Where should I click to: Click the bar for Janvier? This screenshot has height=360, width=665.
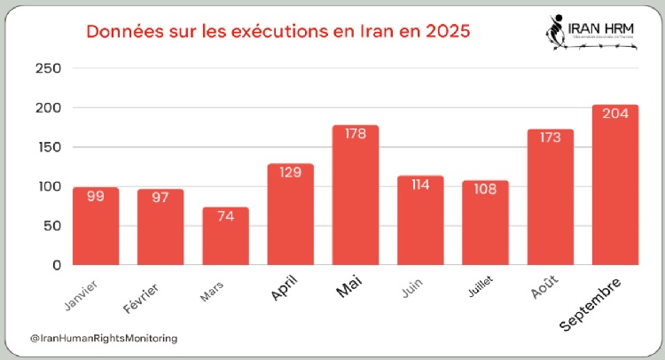[x=96, y=226]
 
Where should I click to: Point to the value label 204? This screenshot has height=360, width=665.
[x=615, y=113]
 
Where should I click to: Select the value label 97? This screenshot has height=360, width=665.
[x=160, y=197]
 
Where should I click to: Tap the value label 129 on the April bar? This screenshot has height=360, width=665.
[x=291, y=172]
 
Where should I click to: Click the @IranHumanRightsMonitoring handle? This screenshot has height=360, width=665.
[x=104, y=338]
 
